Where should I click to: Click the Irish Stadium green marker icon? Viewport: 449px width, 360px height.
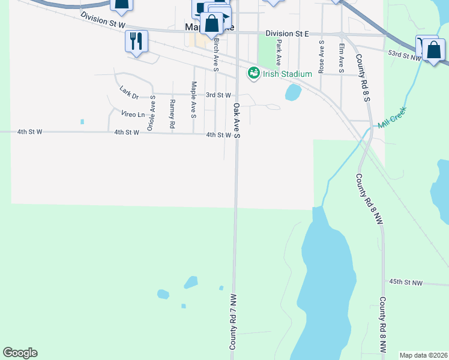(x=253, y=73)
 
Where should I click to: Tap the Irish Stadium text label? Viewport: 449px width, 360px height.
(x=287, y=74)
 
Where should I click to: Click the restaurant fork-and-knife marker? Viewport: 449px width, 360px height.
(x=136, y=41)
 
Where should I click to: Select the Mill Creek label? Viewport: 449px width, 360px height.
(x=392, y=118)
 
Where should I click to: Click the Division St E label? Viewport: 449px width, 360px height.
(x=286, y=34)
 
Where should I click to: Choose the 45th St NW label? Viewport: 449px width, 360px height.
(x=406, y=282)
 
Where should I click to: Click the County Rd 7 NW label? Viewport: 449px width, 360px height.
(x=234, y=322)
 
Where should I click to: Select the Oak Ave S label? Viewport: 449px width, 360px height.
(x=237, y=120)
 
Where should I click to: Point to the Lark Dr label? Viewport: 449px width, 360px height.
(x=129, y=92)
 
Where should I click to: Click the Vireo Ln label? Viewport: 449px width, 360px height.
(x=133, y=114)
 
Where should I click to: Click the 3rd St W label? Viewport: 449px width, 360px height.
(x=218, y=95)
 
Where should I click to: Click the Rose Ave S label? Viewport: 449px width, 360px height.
(x=322, y=58)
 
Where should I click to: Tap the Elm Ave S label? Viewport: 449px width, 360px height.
(x=342, y=58)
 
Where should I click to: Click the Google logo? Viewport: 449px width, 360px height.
(x=20, y=353)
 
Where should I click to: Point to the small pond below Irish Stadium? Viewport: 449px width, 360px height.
(x=292, y=92)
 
